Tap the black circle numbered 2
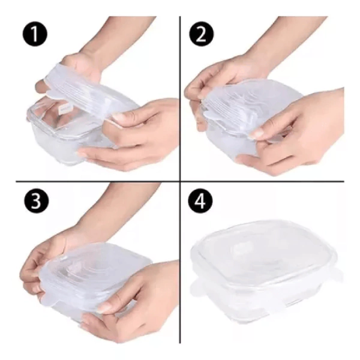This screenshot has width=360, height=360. tap(202, 34)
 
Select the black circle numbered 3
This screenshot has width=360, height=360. tap(36, 201)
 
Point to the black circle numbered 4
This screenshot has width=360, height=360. tap(200, 201)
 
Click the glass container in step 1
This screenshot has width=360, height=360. tap(69, 133)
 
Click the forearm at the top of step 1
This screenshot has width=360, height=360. tap(119, 34)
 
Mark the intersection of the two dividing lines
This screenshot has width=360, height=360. tap(180, 181)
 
